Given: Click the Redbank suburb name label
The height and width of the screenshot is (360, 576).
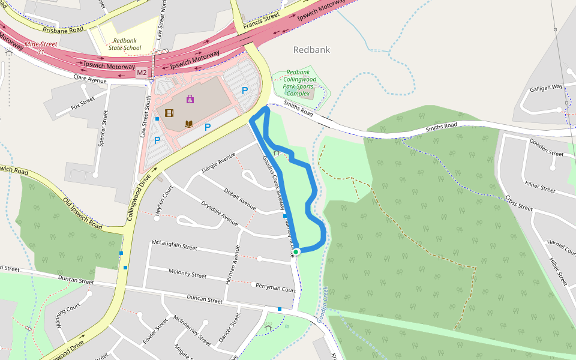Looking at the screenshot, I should click(311, 50).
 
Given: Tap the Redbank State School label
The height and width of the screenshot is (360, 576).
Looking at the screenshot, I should click(125, 44).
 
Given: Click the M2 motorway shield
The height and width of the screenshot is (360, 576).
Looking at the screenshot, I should click(142, 73).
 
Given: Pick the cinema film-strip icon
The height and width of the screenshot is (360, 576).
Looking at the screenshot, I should click(169, 113).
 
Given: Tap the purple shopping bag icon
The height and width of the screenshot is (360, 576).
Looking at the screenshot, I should click(190, 99).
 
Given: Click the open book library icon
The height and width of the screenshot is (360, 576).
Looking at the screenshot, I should click(188, 124).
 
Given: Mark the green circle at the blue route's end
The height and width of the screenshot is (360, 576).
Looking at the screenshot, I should click(296, 251).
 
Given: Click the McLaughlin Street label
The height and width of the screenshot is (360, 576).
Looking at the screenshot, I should click(175, 246).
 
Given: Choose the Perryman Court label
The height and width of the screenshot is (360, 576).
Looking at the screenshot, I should click(276, 288).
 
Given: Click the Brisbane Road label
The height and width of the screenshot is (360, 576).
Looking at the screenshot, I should click(63, 29).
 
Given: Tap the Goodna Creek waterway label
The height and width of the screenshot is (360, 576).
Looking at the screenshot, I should click(323, 304).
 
